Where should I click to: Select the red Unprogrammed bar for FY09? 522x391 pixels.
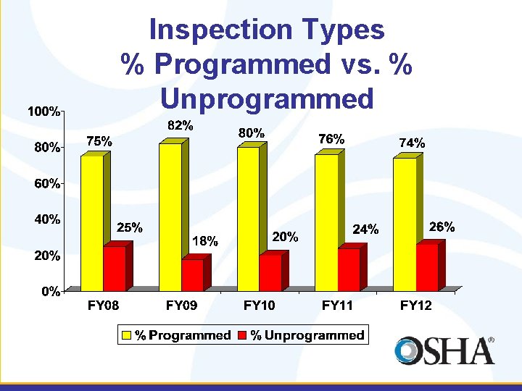(x=192, y=275)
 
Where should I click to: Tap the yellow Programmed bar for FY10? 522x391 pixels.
(x=248, y=218)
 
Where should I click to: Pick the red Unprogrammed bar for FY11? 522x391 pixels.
(x=348, y=269)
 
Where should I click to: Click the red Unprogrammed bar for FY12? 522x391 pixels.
(x=426, y=267)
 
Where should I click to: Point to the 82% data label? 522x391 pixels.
(x=181, y=126)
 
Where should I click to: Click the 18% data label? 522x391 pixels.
(x=205, y=242)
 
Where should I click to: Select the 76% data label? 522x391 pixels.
(x=331, y=138)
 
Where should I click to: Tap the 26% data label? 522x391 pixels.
(x=442, y=227)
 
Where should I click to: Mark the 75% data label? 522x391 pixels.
(x=99, y=142)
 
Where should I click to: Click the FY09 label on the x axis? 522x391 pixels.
(x=181, y=306)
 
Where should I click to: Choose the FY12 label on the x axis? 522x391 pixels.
(x=415, y=306)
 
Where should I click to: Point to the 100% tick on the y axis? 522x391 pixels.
(x=43, y=112)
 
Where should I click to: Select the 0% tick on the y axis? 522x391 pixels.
(x=50, y=292)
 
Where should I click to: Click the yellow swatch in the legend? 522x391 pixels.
(x=126, y=335)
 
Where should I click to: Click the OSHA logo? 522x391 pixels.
(x=444, y=350)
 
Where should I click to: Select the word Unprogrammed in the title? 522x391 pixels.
(x=267, y=98)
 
